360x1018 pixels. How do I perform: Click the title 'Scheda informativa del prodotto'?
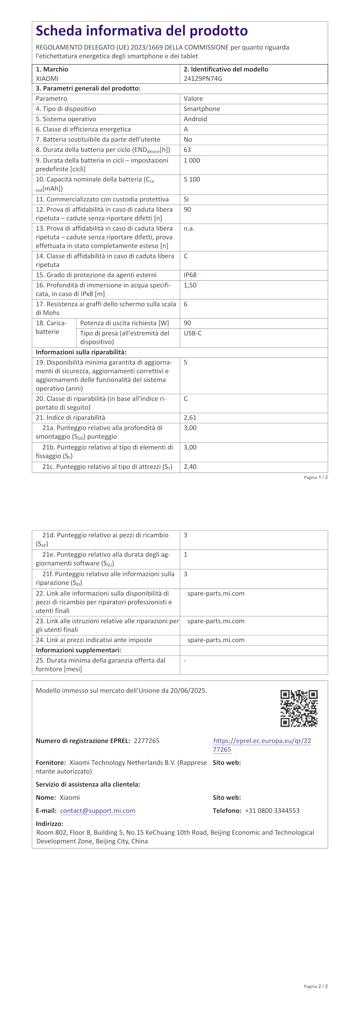pos(142,31)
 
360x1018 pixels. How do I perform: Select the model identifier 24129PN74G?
pos(203,78)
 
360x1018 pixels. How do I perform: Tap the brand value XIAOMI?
pos(47,78)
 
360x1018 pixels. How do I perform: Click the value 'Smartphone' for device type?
pos(202,109)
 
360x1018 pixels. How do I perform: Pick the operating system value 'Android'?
pos(195,119)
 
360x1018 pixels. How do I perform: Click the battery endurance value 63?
pos(187,150)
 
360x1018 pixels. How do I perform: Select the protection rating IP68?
pos(190,275)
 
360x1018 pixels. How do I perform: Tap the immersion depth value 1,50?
pos(190,285)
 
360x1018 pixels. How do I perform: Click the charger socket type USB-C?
pos(193,333)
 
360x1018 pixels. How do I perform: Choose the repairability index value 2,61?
pos(190,418)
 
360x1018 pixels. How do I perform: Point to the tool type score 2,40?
pos(190,467)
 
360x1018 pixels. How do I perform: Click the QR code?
pos(299,708)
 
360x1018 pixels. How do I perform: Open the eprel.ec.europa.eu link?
pos(262,745)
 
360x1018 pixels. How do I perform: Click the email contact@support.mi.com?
pos(97,810)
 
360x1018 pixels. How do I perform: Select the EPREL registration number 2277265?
pos(146,741)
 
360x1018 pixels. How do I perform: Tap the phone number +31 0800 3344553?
pos(272,810)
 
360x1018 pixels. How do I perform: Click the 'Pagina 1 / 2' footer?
pos(316,477)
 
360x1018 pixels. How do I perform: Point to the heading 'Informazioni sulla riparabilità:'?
pos(81,352)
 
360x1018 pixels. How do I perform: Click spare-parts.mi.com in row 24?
pos(216,640)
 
